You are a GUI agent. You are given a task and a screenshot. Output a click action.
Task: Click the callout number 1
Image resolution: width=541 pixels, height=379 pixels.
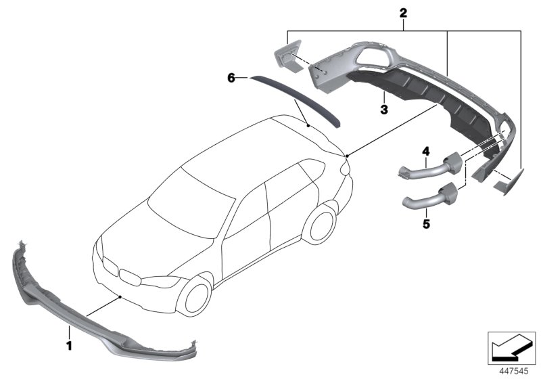click(x=68, y=333)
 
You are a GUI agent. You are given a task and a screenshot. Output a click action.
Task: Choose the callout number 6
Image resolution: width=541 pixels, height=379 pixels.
click(x=231, y=79)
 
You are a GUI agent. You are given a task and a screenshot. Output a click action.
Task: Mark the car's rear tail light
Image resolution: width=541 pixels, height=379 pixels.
click(x=346, y=166)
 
